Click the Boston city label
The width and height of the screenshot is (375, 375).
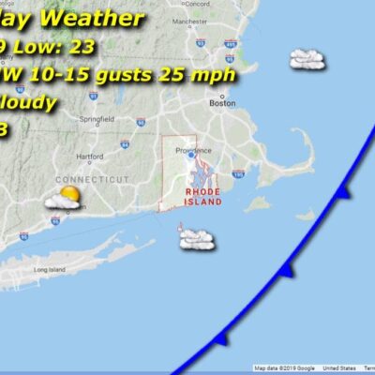[223, 103]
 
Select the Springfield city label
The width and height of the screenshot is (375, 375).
[76, 121]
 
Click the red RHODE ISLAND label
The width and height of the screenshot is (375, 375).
[202, 196]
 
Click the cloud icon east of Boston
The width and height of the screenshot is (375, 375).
[307, 59]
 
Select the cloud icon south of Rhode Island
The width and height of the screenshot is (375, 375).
[197, 240]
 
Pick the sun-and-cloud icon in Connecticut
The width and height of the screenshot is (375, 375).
[67, 198]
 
